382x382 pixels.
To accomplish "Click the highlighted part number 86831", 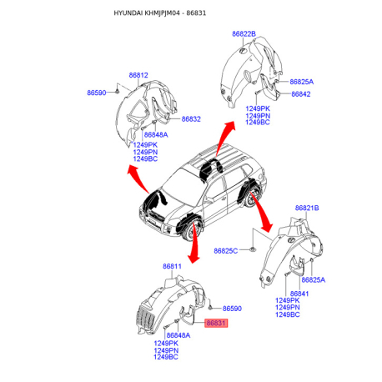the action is coord(216,323).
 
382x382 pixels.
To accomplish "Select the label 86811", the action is coord(172,266).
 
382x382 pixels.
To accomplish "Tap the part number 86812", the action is coord(138,75).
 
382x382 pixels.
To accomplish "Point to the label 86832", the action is coord(191,119).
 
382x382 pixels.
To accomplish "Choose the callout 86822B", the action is coord(244,34).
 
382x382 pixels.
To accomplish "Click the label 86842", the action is coord(301,94).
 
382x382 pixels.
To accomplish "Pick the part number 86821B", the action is coord(307,208).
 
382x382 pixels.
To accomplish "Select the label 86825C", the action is coord(226,251).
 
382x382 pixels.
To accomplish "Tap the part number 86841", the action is coord(299,294).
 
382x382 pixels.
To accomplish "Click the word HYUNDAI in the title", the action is coord(128,13).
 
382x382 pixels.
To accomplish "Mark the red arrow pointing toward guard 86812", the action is coord(139,178).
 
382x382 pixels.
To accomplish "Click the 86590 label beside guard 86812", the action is coord(97,93).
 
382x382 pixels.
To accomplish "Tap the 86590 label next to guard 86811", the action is coord(232,309).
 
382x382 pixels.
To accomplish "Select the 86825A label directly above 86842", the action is coord(302,82).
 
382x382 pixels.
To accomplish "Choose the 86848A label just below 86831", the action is coord(178,335).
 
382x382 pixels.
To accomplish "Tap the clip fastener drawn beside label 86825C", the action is coord(253,249).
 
